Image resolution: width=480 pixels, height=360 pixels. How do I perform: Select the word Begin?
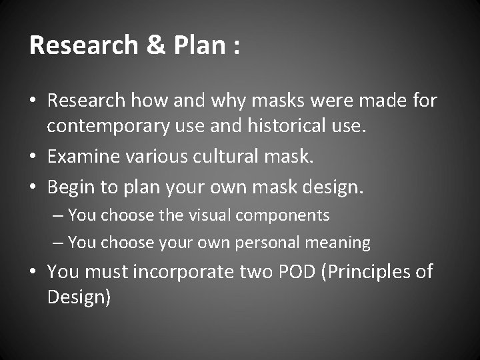[73, 187]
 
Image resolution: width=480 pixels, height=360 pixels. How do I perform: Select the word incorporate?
[188, 273]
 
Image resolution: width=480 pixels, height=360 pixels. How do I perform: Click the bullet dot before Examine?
[35, 157]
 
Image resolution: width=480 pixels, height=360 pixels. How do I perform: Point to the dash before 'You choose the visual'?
[59, 216]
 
